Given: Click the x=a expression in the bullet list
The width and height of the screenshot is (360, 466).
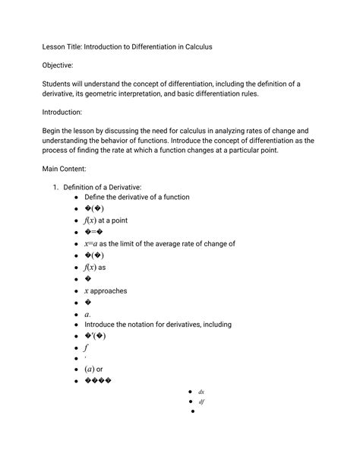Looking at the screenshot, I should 91,244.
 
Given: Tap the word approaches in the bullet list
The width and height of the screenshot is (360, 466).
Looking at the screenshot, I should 109,290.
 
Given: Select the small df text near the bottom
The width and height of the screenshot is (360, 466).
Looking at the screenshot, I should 201,401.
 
